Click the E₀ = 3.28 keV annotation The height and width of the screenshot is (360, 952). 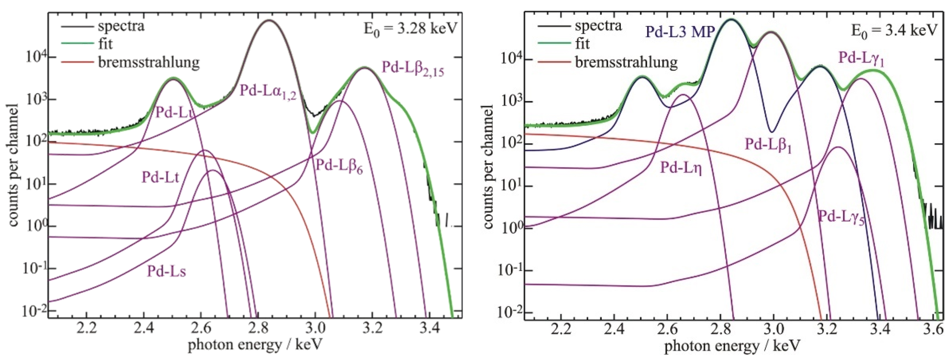click(x=410, y=28)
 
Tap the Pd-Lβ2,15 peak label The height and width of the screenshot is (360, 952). click(x=412, y=69)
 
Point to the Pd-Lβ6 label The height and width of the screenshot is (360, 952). click(x=338, y=166)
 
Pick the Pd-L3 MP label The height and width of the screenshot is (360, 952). click(x=680, y=32)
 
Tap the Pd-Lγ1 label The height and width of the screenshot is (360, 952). click(x=861, y=59)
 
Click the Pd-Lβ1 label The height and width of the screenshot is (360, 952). click(x=768, y=144)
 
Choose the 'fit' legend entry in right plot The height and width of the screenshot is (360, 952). click(x=582, y=44)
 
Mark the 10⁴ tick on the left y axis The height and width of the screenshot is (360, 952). click(x=35, y=58)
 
